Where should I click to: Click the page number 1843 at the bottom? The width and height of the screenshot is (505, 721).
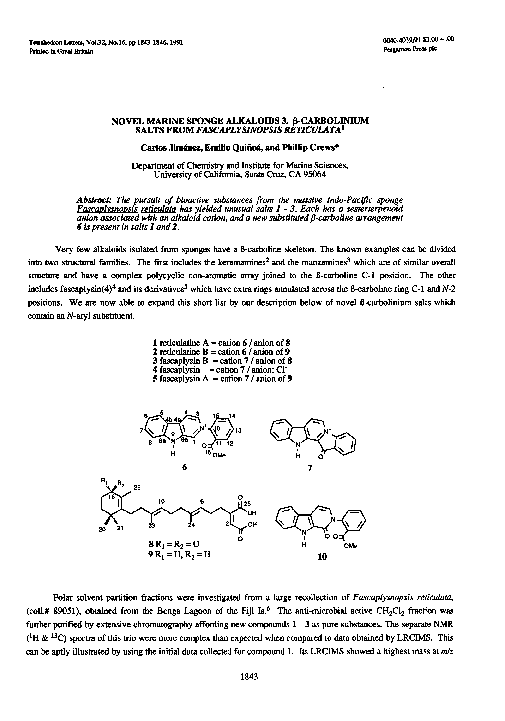click(252, 677)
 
